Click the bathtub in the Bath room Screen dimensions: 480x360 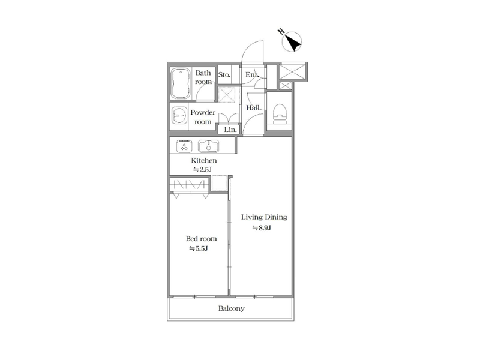[x=181, y=83]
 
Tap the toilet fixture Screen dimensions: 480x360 [x=280, y=114]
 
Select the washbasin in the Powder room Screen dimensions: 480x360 [x=179, y=115]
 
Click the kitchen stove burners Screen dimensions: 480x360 [x=184, y=146]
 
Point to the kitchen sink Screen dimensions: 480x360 [x=208, y=146]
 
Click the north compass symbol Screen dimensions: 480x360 [x=292, y=41]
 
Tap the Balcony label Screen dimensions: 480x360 [x=232, y=308]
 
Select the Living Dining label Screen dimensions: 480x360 [x=264, y=217]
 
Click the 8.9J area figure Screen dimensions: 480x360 [x=262, y=228]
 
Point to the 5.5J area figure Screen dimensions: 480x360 [x=199, y=248]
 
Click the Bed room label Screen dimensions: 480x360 [x=202, y=238]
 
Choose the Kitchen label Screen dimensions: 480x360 [x=204, y=160]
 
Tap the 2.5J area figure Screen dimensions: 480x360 [x=202, y=170]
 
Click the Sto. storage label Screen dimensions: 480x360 [x=224, y=74]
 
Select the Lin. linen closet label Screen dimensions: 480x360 [x=230, y=130]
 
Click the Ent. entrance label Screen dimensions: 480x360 [x=252, y=74]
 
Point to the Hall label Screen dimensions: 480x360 [x=253, y=108]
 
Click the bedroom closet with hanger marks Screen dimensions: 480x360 [x=189, y=185]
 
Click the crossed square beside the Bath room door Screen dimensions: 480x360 [x=227, y=95]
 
